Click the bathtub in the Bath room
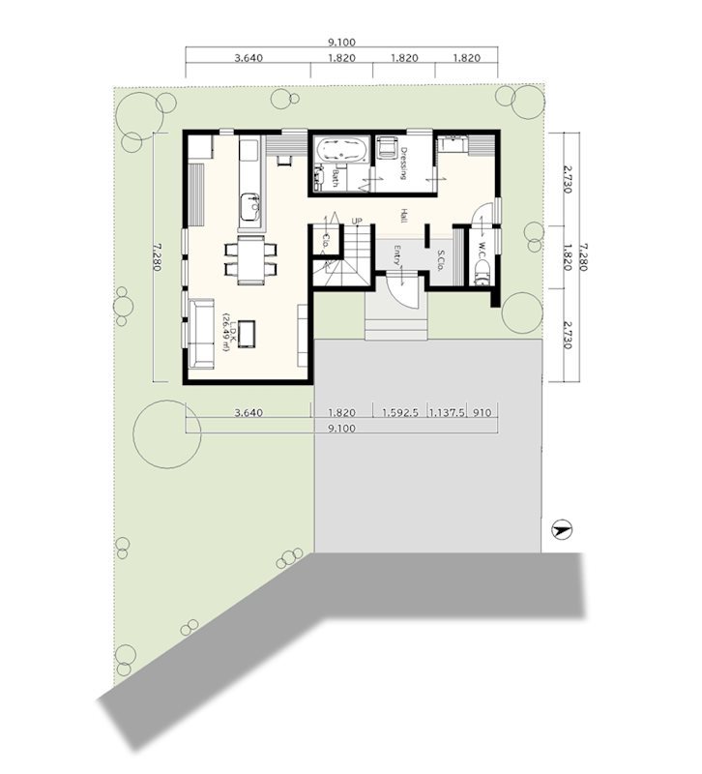pos(342,150)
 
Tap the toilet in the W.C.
pos(482,273)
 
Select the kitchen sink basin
pos(249,207)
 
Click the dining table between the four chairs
pos(250,259)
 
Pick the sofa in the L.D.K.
pos(201,333)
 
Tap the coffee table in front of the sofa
pos(247,334)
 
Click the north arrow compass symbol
pos(561,530)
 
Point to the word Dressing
pos(403,164)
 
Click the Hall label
pos(404,215)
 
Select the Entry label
pos(397,254)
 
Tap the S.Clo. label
pos(442,260)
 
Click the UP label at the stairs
pos(356,221)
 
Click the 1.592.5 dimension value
pos(400,413)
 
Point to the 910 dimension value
pos(482,413)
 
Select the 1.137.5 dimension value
pos(447,413)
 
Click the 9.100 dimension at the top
pos(342,43)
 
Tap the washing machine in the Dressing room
pos(387,148)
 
